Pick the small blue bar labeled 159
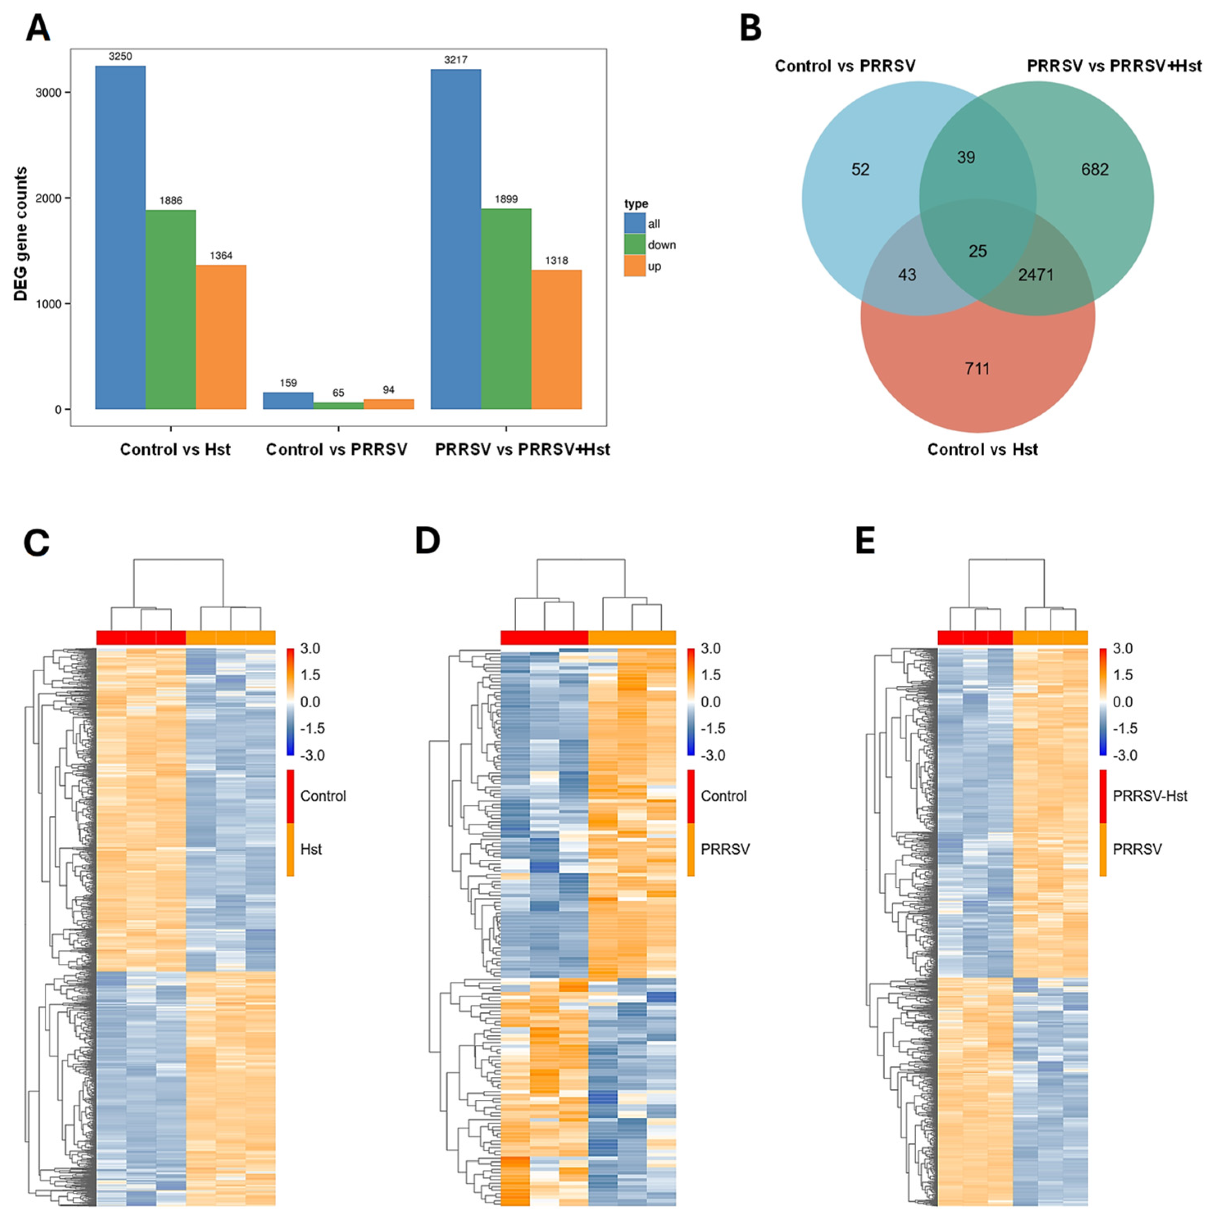(x=288, y=401)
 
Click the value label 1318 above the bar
(x=556, y=260)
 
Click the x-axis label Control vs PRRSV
(x=336, y=449)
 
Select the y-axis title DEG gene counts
(x=21, y=234)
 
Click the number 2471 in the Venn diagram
(x=1035, y=275)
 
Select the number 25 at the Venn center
(x=977, y=251)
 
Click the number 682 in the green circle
(x=1094, y=170)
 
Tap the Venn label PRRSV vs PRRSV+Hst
(x=1114, y=66)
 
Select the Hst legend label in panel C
(x=311, y=849)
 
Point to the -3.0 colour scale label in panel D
(x=713, y=755)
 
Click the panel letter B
(x=750, y=29)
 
